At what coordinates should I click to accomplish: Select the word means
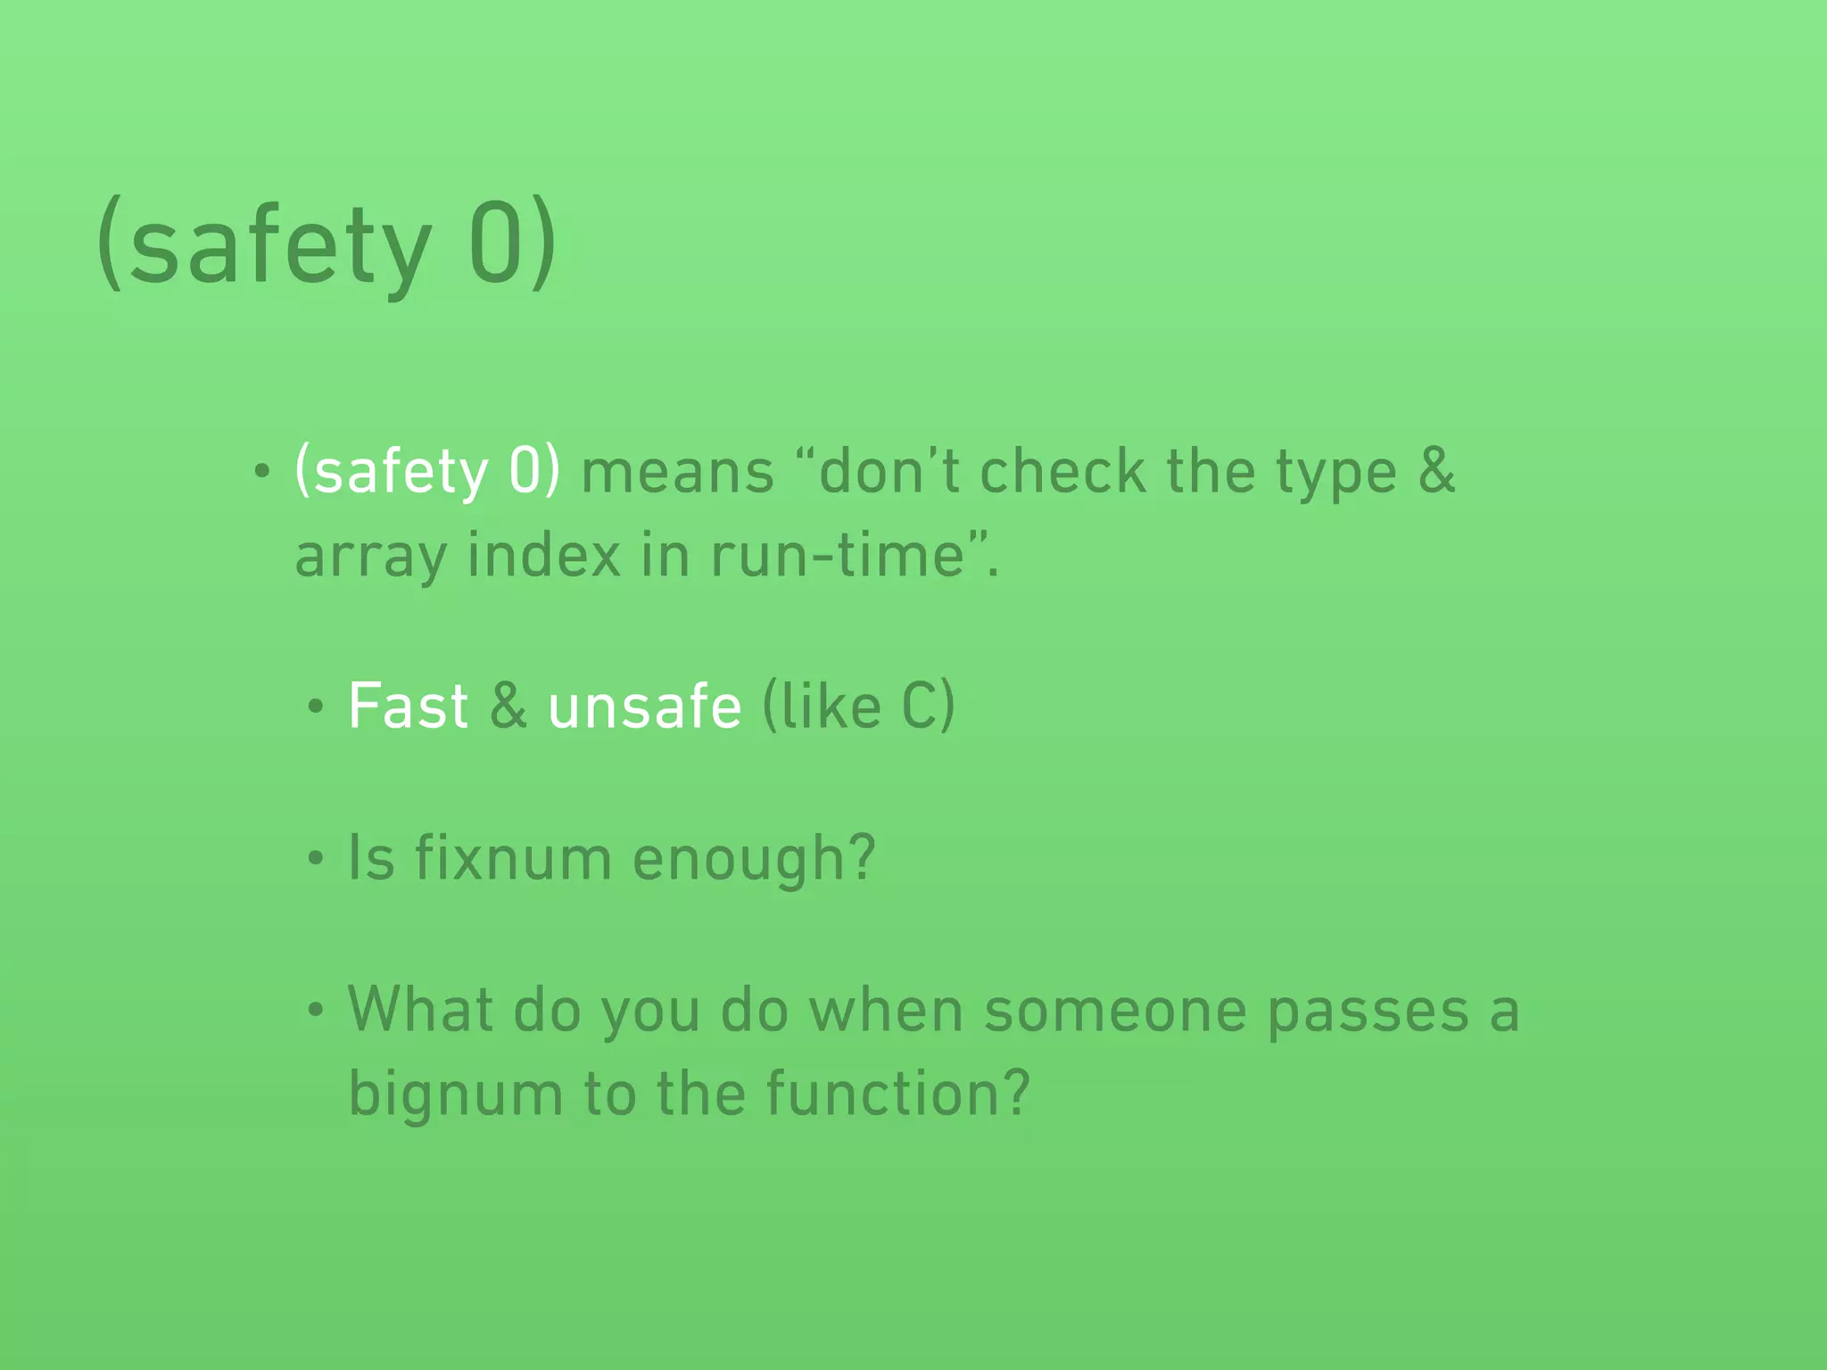point(677,473)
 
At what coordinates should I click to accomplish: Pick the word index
point(543,555)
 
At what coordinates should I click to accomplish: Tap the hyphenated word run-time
point(838,555)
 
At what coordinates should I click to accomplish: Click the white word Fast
point(408,706)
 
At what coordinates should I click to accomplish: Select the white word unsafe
point(644,706)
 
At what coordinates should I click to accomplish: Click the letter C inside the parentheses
point(919,706)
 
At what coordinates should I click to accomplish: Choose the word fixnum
point(513,858)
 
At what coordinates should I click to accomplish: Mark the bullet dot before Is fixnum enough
point(314,860)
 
